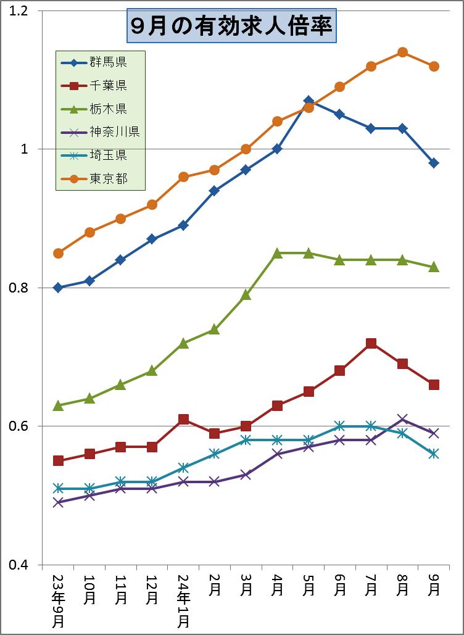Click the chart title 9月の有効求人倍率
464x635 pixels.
[231, 26]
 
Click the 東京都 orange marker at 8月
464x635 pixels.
[402, 52]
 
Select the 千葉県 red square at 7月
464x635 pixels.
[371, 343]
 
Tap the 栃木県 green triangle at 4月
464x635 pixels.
[277, 253]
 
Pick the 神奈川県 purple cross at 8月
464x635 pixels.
[402, 420]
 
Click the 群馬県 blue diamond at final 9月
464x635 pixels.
[434, 163]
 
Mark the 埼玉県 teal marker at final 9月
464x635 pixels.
[434, 454]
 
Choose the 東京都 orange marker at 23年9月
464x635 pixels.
[58, 253]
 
